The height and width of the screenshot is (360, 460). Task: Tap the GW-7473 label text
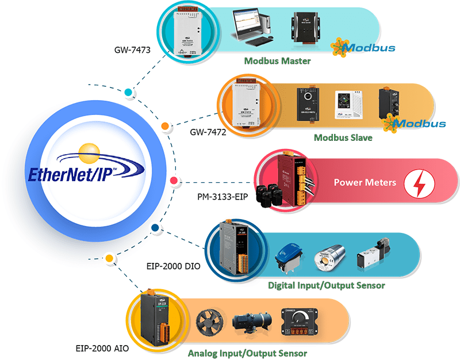pyautogui.click(x=133, y=51)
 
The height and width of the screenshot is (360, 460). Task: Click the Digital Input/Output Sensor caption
pyautogui.click(x=327, y=285)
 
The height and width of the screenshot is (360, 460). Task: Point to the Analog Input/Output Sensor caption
pyautogui.click(x=247, y=353)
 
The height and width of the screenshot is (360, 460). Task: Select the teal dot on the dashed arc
pyautogui.click(x=129, y=92)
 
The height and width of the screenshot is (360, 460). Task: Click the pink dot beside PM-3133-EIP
pyautogui.click(x=172, y=181)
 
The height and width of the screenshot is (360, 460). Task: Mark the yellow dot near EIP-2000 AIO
pyautogui.click(x=109, y=257)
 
